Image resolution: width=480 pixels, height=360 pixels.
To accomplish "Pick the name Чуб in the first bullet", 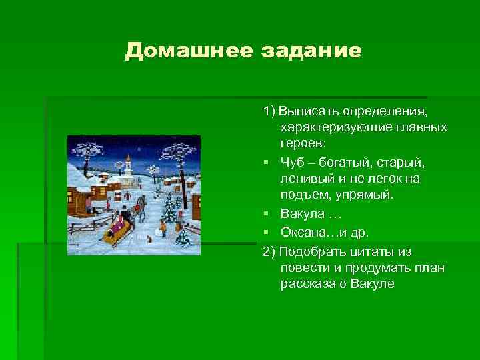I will pyautogui.click(x=292, y=162).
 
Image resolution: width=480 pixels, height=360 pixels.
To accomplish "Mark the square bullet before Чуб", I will pyautogui.click(x=266, y=163).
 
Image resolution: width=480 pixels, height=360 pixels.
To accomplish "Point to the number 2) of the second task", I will pyautogui.click(x=269, y=251).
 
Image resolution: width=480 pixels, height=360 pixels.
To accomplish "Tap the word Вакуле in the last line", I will pyautogui.click(x=373, y=284).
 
